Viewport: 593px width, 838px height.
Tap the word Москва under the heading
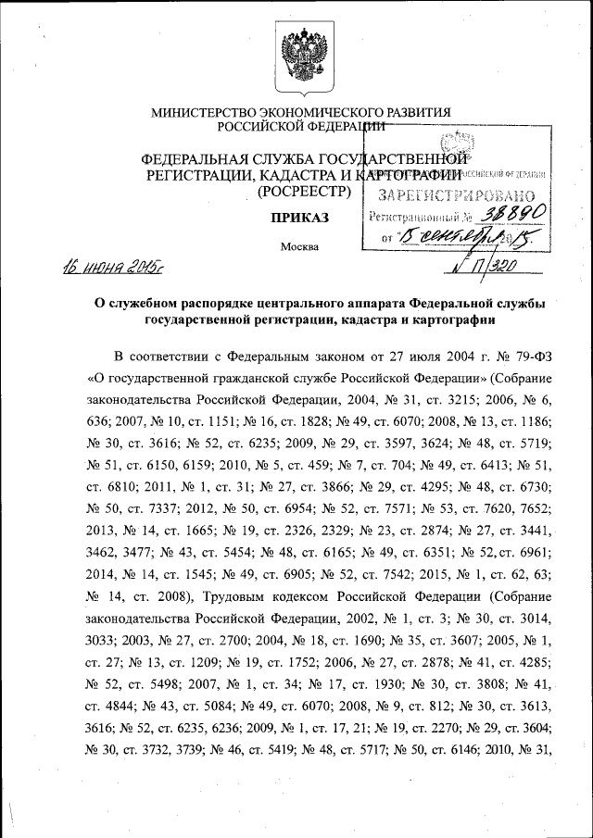tap(298, 247)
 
